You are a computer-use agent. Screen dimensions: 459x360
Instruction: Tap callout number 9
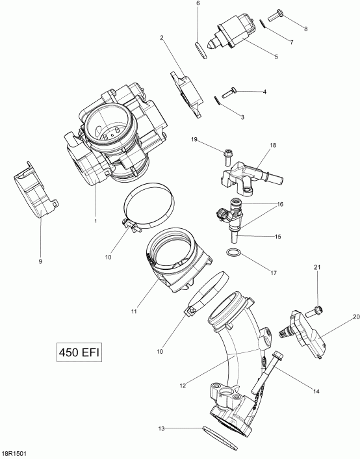40,261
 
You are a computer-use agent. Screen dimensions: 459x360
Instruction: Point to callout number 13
161,428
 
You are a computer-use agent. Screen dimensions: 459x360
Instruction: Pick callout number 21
318,268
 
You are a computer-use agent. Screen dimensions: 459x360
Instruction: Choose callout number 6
198,4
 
